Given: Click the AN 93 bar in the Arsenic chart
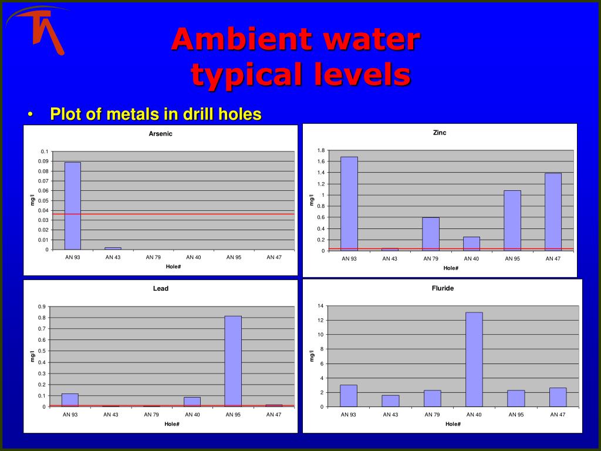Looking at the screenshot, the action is click(72, 206).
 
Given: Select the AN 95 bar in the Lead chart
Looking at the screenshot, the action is click(233, 361).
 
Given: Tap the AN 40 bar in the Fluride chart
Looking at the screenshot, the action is click(474, 360).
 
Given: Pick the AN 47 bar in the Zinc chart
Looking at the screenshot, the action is click(553, 212).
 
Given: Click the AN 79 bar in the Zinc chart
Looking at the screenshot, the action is click(431, 234).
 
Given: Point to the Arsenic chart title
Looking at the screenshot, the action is click(161, 134).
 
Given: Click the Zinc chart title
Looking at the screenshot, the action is click(440, 133).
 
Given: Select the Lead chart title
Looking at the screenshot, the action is click(161, 288).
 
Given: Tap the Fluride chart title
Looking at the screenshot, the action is click(443, 288).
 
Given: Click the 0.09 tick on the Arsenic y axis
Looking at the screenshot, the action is click(43, 161).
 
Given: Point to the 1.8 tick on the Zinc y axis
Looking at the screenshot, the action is click(321, 150).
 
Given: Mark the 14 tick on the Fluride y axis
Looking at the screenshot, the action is click(321, 305).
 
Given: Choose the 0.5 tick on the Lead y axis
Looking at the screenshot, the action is click(42, 351).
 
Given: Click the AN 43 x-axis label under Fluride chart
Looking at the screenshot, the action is click(390, 415).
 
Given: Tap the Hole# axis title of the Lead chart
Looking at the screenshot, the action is click(172, 424).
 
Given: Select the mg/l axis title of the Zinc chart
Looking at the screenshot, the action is click(312, 200).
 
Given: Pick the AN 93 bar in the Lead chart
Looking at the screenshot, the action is click(70, 400).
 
